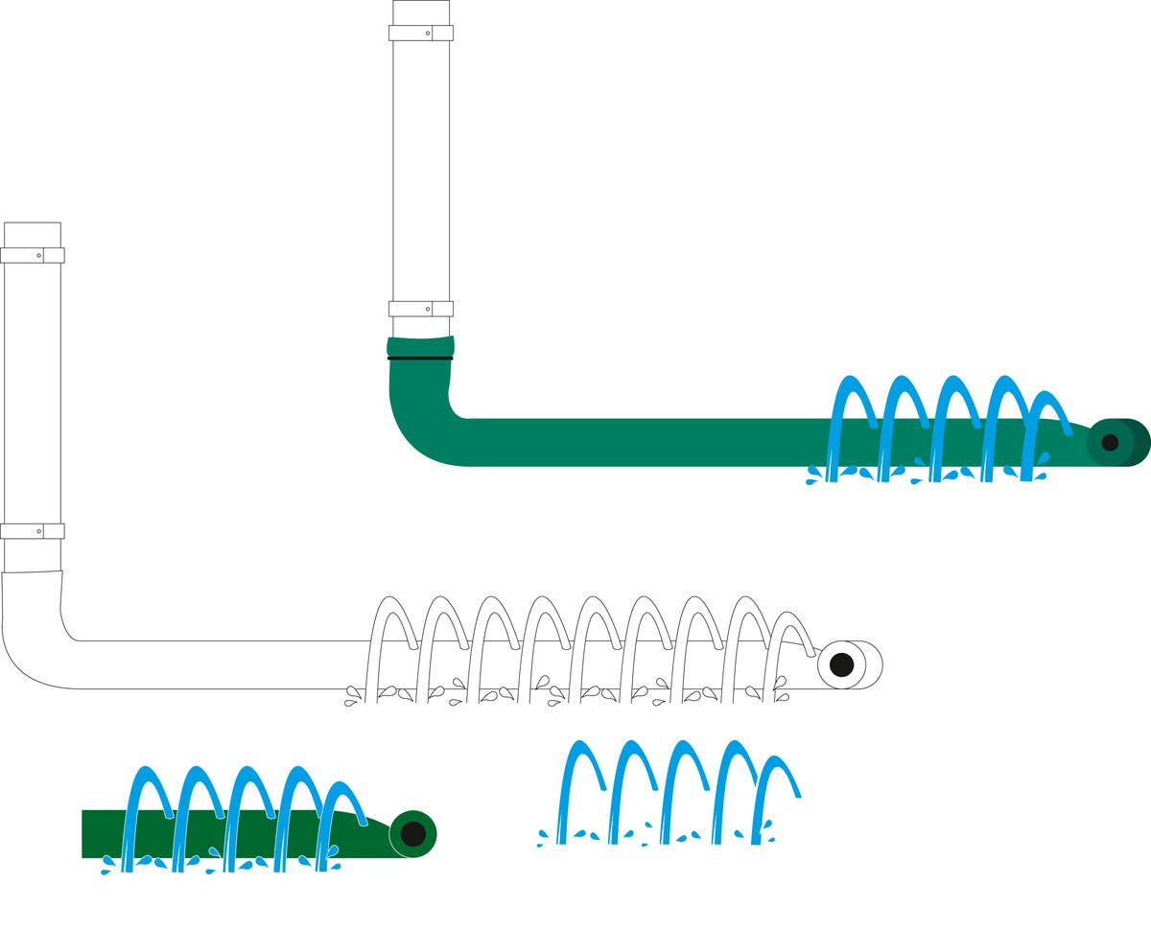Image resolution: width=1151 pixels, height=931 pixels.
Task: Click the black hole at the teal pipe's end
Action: point(1110,442)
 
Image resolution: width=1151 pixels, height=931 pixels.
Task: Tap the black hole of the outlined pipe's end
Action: point(841,664)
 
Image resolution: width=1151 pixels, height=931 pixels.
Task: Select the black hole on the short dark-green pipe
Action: point(412,833)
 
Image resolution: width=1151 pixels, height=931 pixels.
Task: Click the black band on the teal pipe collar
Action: point(420,358)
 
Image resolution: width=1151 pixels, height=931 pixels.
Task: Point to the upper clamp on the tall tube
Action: point(420,33)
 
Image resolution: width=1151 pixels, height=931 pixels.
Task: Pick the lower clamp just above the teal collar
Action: point(420,309)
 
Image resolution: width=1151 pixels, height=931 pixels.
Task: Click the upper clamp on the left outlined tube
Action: point(32,255)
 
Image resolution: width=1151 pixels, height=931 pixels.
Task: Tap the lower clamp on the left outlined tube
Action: point(32,531)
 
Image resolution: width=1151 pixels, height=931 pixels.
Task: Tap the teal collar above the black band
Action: point(420,346)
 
